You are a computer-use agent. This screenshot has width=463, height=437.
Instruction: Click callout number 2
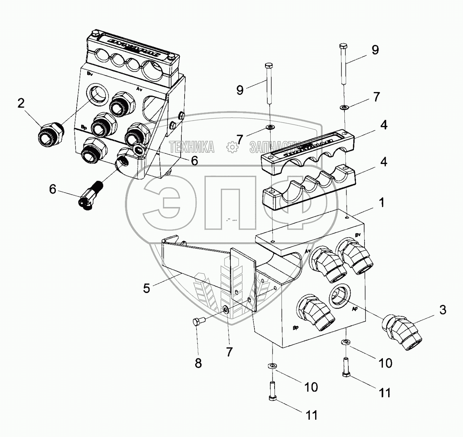[x=21, y=104]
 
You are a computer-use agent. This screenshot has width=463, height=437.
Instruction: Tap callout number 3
[x=443, y=310]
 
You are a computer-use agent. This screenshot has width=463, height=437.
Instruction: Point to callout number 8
[x=198, y=363]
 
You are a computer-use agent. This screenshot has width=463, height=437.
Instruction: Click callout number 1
[x=381, y=203]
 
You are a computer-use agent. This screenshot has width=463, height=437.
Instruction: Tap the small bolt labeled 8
[x=197, y=322]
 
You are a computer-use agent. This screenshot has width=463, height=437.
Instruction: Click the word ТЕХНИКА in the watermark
[x=191, y=147]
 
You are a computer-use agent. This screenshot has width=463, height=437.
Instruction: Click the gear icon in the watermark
[x=231, y=147]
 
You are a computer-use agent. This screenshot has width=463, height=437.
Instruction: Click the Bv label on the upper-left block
[x=90, y=74]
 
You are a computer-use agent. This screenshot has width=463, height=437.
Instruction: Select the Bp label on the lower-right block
[x=296, y=328]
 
